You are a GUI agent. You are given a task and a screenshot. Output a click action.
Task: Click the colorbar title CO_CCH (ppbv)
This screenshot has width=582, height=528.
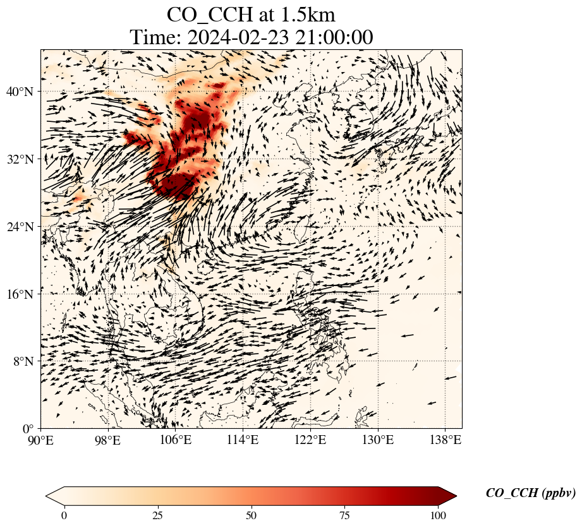pos(530,493)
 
